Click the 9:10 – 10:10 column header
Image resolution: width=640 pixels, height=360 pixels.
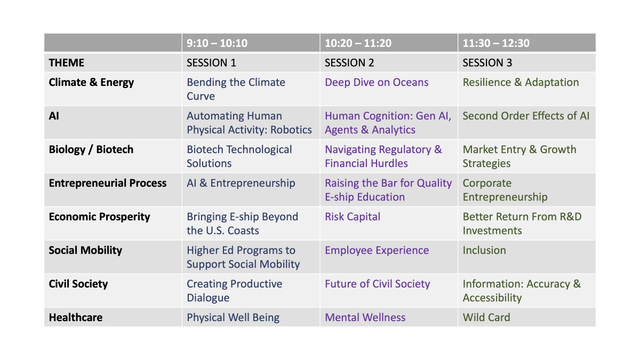click(x=217, y=43)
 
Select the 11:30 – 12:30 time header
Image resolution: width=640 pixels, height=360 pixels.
click(x=496, y=43)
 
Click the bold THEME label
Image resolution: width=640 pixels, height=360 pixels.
click(x=66, y=62)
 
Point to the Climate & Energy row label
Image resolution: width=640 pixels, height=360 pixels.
click(x=91, y=83)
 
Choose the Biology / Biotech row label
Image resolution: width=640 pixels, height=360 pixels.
click(x=91, y=149)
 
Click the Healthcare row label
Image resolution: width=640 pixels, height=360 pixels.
click(x=75, y=317)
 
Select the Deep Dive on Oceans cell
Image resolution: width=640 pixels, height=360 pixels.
click(x=377, y=82)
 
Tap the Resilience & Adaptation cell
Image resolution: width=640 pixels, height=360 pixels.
click(x=521, y=82)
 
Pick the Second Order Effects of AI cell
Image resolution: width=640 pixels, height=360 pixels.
click(x=526, y=116)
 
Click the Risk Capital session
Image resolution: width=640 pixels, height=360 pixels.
click(x=353, y=217)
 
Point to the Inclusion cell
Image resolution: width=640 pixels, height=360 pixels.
click(x=484, y=250)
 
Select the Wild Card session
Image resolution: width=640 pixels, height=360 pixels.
click(x=486, y=317)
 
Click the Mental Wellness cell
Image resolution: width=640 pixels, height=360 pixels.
click(x=365, y=317)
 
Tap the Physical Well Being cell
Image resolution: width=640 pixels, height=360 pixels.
click(x=233, y=317)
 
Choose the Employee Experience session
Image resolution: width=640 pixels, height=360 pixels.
click(x=377, y=251)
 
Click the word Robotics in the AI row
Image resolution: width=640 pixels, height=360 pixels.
click(x=291, y=130)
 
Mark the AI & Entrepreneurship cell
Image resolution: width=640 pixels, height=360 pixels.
click(x=241, y=183)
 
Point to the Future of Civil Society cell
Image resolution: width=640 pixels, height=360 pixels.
click(x=377, y=284)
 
